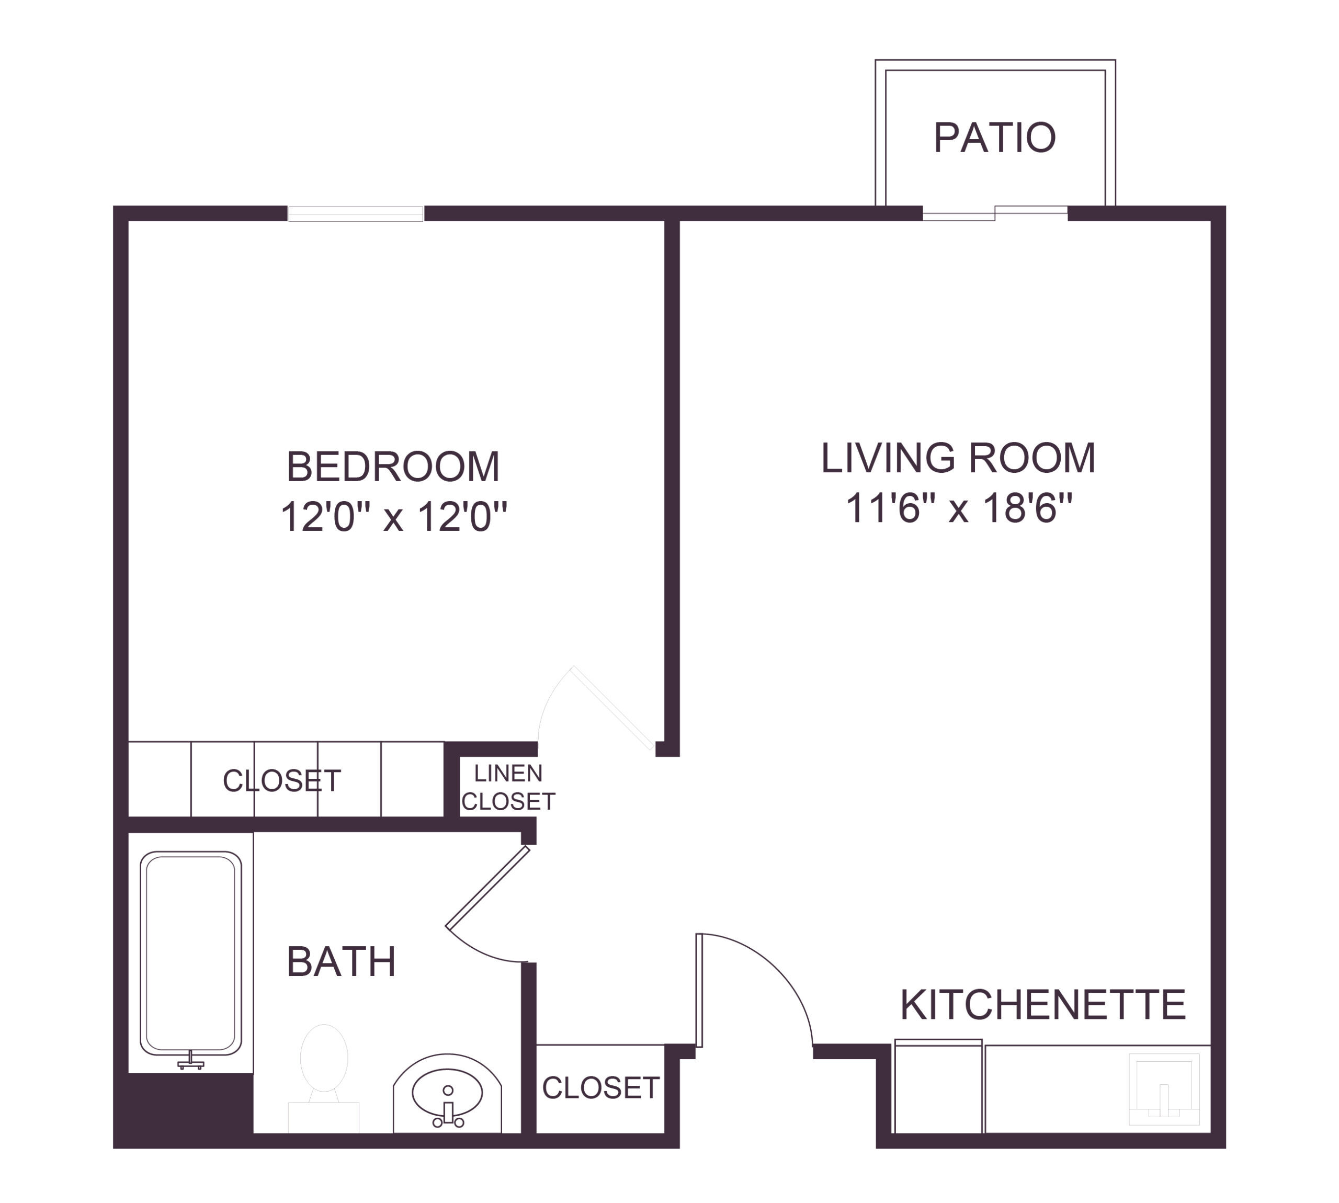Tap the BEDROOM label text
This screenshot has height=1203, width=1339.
[393, 467]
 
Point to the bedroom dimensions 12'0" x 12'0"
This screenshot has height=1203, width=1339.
[393, 516]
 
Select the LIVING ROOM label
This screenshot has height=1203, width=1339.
[958, 458]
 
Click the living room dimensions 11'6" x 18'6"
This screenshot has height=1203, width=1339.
[958, 508]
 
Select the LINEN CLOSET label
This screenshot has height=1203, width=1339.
[507, 787]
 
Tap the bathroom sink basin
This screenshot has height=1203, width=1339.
[447, 1093]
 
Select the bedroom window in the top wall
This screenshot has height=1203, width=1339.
[356, 213]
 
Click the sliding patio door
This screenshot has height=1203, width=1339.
[995, 213]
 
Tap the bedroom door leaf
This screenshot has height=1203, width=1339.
[614, 709]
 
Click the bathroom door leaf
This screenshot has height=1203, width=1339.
[488, 888]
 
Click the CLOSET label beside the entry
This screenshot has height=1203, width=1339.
[600, 1087]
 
